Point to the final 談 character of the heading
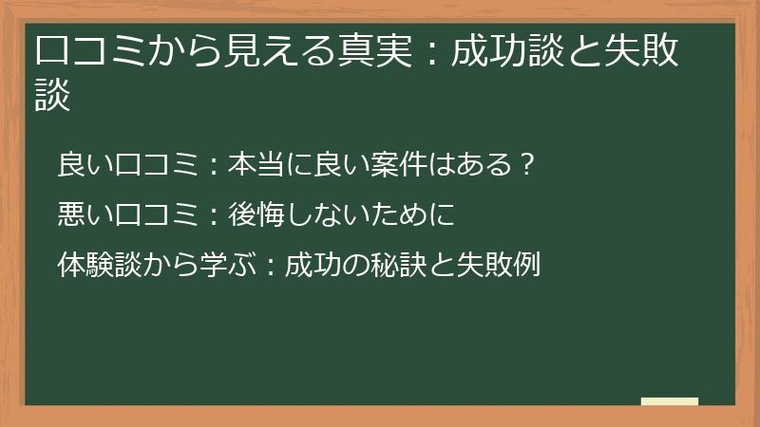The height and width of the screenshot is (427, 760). [x=53, y=96]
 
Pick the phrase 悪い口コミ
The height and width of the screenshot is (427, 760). [x=127, y=214]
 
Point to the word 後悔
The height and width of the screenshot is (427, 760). [x=256, y=214]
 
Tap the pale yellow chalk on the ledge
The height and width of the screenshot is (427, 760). [x=669, y=402]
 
